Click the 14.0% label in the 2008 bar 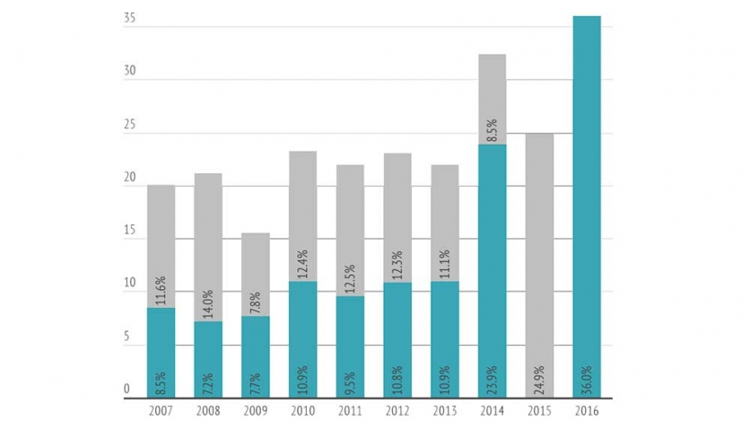tap(209, 303)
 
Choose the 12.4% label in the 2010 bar tap(303, 264)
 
